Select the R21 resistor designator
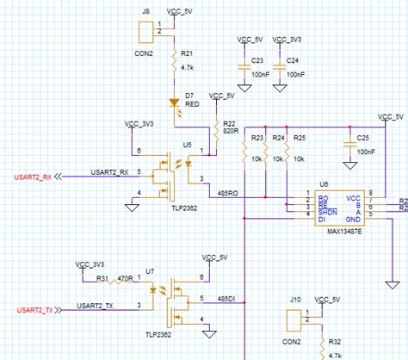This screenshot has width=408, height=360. click(187, 53)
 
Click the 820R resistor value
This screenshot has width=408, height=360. click(231, 131)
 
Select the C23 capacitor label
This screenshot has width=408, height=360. click(256, 61)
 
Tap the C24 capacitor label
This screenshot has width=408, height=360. click(293, 61)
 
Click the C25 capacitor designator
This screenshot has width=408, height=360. click(363, 138)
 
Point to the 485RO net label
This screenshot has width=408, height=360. click(231, 193)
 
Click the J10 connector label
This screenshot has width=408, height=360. click(294, 300)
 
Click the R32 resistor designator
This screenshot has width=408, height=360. click(336, 342)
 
